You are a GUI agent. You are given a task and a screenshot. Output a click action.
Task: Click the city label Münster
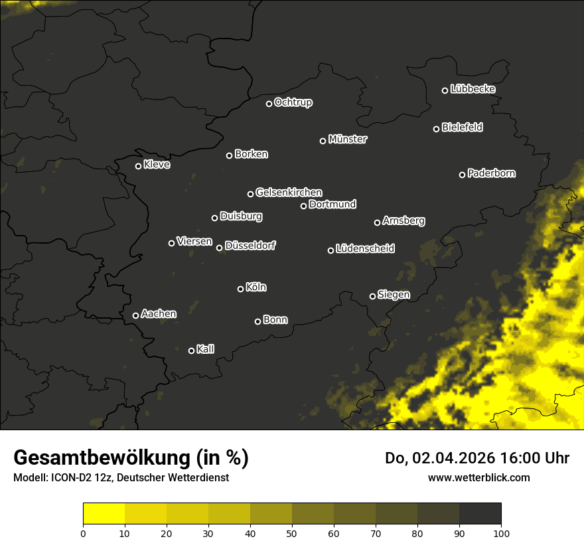click(348, 139)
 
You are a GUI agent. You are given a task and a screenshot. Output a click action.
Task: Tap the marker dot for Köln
click(240, 289)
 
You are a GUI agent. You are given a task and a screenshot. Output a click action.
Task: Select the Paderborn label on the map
click(492, 173)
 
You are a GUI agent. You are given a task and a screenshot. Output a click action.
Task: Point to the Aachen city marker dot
click(135, 315)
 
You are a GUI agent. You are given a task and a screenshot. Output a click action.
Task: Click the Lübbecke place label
click(473, 89)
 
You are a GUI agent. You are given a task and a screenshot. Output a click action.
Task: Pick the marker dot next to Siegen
click(372, 296)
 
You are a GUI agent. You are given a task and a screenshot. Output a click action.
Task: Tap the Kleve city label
click(157, 164)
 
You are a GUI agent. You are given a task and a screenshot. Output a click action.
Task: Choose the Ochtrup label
click(293, 102)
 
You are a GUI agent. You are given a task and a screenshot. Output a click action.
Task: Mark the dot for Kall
click(191, 351)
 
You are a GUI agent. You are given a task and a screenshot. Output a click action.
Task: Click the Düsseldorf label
click(250, 246)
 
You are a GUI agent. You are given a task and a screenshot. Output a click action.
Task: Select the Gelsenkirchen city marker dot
click(250, 194)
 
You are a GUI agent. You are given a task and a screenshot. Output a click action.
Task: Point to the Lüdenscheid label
click(365, 248)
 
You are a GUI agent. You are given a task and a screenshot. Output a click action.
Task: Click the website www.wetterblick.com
click(479, 477)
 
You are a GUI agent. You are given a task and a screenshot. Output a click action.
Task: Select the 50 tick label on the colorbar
click(292, 533)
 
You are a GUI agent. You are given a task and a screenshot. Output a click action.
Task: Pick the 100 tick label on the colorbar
click(501, 533)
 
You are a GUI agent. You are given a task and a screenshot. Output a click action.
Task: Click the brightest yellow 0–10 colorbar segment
click(104, 514)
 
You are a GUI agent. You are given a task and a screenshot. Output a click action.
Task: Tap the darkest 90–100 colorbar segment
click(480, 514)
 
